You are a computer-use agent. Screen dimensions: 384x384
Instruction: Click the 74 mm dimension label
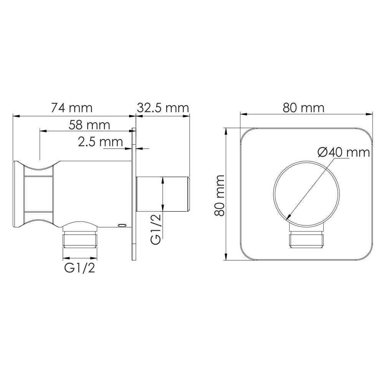tap(71, 108)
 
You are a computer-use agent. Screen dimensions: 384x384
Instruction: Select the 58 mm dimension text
tap(89, 125)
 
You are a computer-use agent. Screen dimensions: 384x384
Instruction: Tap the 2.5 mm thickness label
tap(100, 142)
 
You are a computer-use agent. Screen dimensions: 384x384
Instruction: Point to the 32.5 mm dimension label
tap(163, 108)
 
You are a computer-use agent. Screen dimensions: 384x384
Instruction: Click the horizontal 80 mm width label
tap(303, 108)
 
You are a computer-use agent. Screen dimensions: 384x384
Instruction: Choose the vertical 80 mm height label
tap(219, 195)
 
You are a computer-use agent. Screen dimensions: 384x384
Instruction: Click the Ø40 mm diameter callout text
tap(344, 152)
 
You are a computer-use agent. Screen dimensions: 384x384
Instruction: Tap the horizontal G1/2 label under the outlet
tap(79, 268)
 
